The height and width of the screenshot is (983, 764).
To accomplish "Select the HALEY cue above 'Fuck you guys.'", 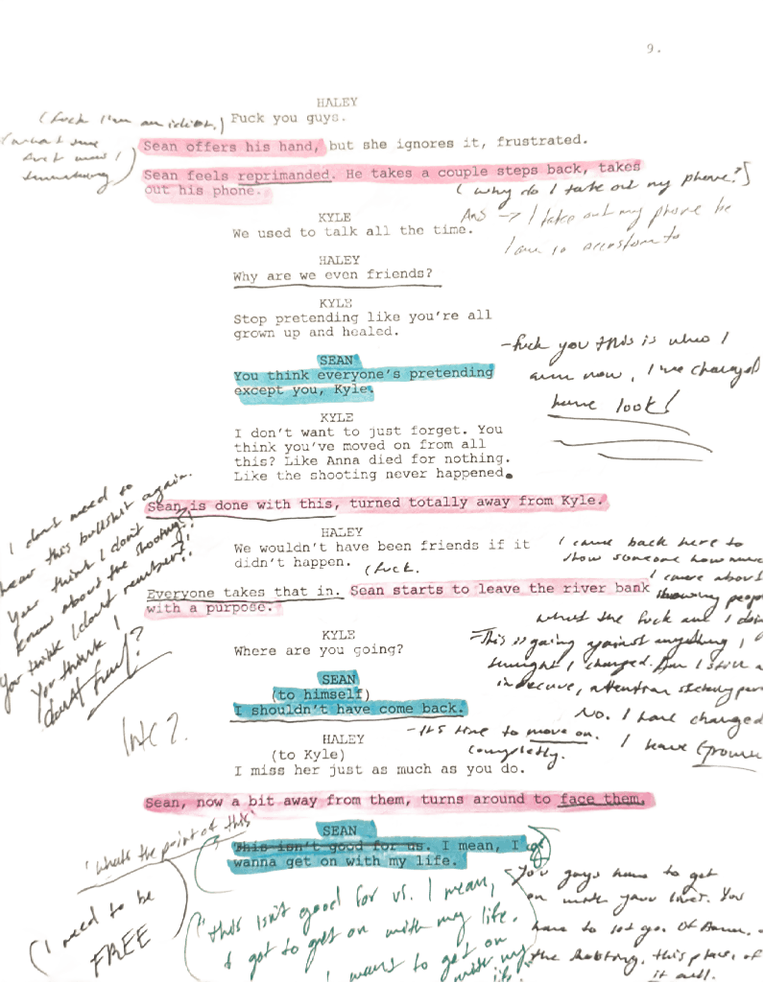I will tap(338, 102).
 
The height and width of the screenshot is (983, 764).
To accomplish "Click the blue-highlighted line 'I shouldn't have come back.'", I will tap(349, 710).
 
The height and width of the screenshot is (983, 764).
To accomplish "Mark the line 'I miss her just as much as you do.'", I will tap(380, 769).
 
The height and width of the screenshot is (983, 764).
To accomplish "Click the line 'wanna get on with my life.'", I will tap(341, 862).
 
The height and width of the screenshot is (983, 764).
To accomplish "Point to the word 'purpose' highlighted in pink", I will tap(244, 608).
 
